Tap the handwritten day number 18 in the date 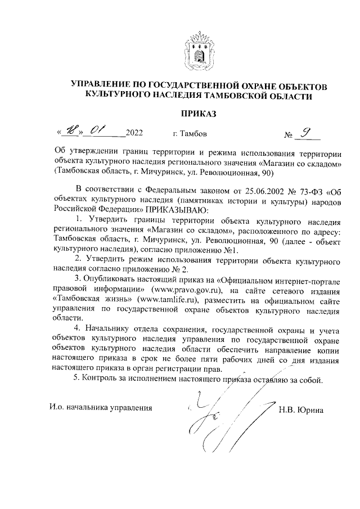71,133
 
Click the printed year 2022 134,134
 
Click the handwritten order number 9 307,132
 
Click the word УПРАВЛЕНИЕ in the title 102,84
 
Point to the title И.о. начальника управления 100,407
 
